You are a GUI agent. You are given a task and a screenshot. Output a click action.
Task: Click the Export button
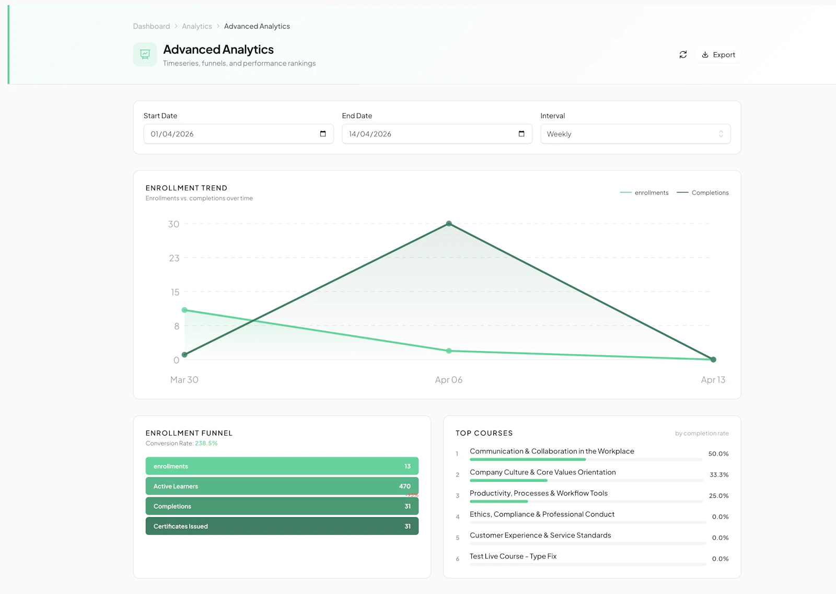click(x=718, y=55)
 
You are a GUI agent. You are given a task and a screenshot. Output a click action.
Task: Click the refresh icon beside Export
click(x=683, y=55)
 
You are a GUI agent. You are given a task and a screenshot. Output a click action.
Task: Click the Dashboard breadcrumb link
click(x=152, y=26)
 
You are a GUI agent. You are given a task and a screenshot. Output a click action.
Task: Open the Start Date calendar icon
click(x=323, y=134)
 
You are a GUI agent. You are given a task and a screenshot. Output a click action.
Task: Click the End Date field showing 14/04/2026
click(x=428, y=134)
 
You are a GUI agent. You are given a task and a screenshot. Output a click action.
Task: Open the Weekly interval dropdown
click(x=635, y=134)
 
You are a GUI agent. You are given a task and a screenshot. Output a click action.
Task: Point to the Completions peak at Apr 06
click(x=449, y=224)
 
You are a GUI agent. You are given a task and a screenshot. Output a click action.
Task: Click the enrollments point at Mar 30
click(x=184, y=310)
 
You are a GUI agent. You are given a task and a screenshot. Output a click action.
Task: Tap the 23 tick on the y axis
click(x=174, y=258)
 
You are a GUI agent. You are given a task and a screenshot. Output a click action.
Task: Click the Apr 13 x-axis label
click(x=713, y=380)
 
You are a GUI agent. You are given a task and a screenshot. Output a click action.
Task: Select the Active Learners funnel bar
click(x=282, y=486)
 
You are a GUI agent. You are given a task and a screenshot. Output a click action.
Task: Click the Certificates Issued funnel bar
click(x=282, y=526)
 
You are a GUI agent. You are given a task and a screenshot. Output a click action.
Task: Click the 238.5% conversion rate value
click(x=206, y=444)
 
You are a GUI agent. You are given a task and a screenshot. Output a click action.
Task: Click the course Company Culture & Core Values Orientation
click(x=542, y=472)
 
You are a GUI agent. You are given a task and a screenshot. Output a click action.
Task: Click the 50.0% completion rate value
click(x=718, y=454)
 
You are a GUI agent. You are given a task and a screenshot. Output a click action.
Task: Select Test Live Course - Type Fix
click(x=513, y=556)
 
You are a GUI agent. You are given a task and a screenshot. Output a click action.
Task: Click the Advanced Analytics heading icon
click(x=145, y=54)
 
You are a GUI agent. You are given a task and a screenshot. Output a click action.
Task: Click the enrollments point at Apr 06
click(x=449, y=351)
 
